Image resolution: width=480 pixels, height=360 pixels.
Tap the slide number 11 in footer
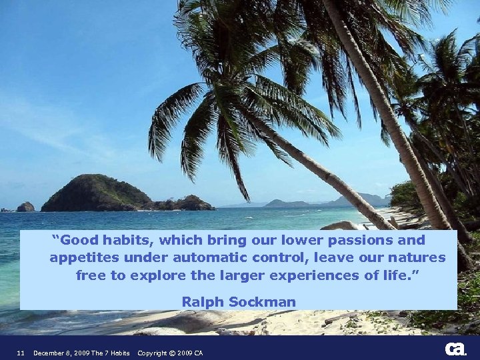(21, 353)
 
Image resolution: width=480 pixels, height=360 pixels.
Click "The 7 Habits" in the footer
(111, 353)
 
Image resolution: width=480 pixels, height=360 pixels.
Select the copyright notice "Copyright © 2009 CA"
(170, 353)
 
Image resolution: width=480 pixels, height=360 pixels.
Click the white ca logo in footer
(455, 349)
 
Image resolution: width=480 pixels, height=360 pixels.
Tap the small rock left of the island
(25, 207)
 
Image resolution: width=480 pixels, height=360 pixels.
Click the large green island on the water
(100, 194)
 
